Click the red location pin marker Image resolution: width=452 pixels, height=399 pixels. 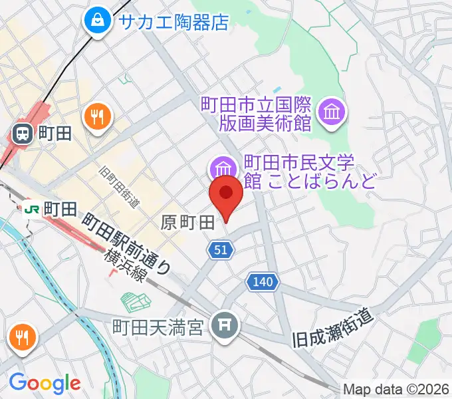point(225,194)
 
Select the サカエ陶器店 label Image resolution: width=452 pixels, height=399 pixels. point(173,22)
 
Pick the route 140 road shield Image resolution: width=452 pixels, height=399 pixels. point(262,283)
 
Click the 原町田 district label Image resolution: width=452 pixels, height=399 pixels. point(187,223)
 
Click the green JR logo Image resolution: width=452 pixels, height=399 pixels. point(31,210)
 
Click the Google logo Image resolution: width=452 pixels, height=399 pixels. point(45,383)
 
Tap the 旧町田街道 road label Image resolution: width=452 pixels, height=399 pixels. point(118,188)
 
